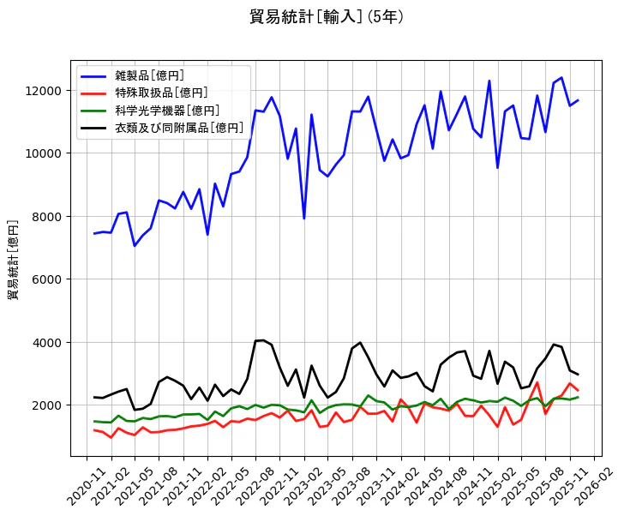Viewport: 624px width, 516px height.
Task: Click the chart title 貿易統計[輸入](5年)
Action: [x=326, y=17]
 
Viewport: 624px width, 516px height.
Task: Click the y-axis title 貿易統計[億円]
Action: [x=14, y=260]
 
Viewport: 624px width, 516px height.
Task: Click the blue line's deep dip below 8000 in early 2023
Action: [x=303, y=218]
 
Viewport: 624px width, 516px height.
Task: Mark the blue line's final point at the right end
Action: [x=578, y=100]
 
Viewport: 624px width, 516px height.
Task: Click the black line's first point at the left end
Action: [x=94, y=397]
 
